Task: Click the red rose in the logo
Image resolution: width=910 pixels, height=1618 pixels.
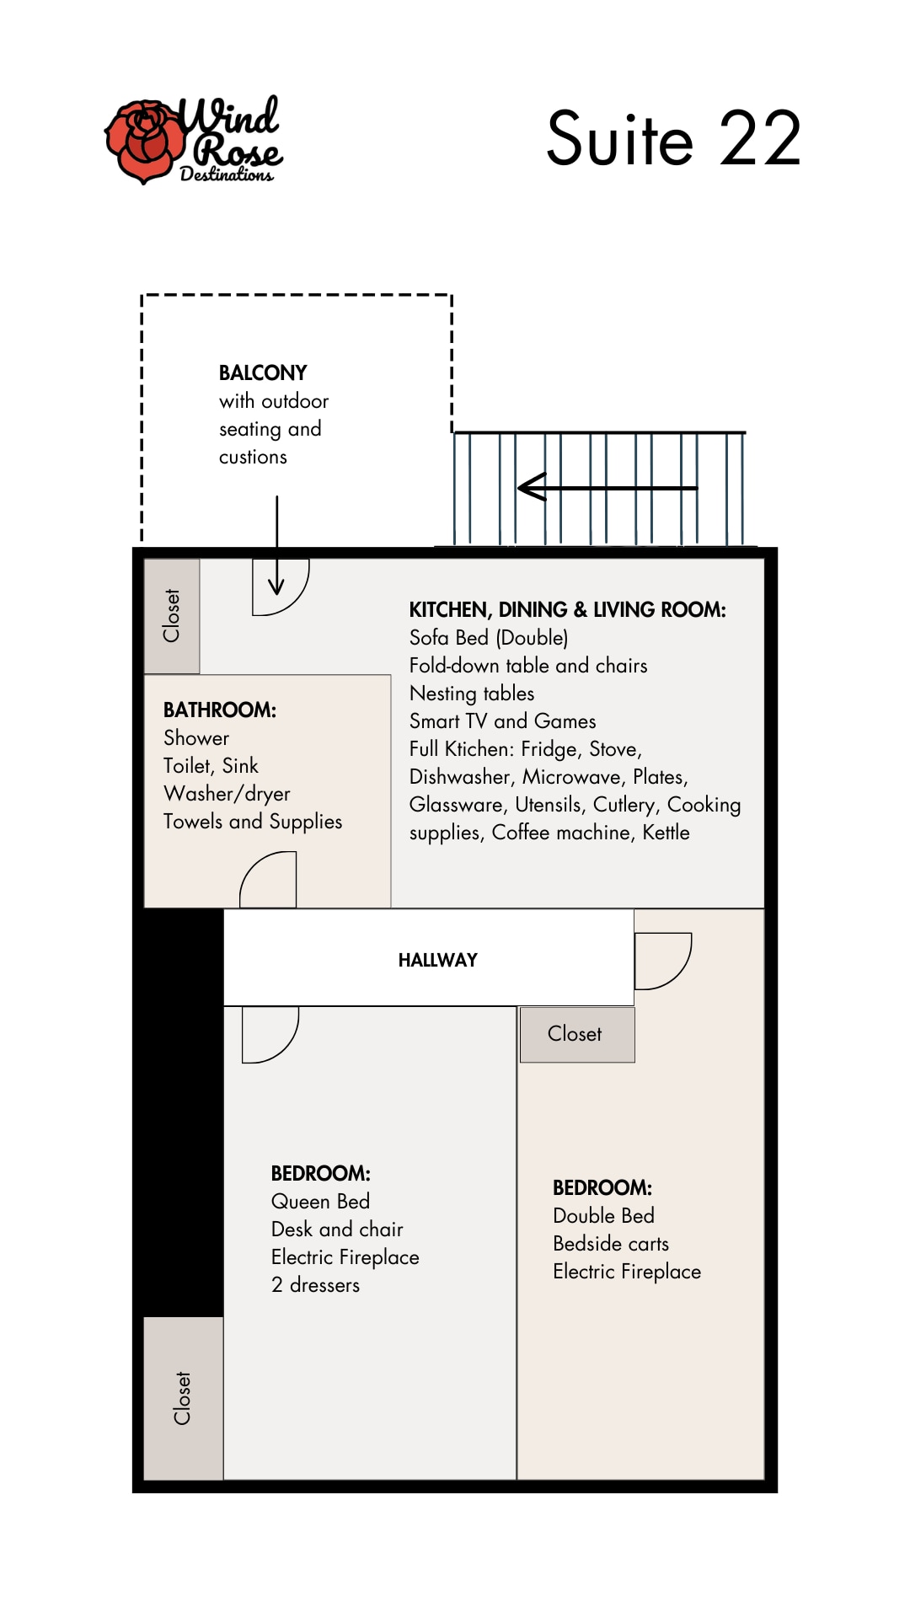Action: pyautogui.click(x=145, y=142)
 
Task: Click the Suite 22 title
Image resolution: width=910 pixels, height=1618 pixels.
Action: pyautogui.click(x=673, y=138)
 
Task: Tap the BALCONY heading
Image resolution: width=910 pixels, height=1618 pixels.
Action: pyautogui.click(x=263, y=372)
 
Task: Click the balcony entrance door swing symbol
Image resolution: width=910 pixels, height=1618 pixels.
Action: pyautogui.click(x=281, y=587)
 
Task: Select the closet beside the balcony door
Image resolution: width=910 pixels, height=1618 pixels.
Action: pyautogui.click(x=172, y=616)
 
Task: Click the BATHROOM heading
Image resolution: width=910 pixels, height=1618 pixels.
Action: pyautogui.click(x=220, y=710)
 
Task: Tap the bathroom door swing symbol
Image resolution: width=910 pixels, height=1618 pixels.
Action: pyautogui.click(x=268, y=879)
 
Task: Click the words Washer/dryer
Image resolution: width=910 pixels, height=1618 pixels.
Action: pyautogui.click(x=227, y=794)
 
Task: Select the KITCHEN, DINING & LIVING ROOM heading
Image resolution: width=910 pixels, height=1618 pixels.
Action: pyautogui.click(x=567, y=609)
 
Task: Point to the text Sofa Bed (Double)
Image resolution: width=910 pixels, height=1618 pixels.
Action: pyautogui.click(x=489, y=638)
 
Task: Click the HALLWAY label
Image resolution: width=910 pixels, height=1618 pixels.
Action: pyautogui.click(x=438, y=960)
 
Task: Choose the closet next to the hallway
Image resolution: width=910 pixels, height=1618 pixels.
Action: pyautogui.click(x=577, y=1034)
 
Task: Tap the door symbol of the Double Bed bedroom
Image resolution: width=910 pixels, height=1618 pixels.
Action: pyautogui.click(x=663, y=961)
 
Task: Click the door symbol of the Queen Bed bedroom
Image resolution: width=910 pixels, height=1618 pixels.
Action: pyautogui.click(x=270, y=1035)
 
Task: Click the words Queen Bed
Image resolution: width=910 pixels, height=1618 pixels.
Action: pyautogui.click(x=320, y=1202)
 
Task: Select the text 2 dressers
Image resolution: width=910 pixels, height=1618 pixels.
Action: pyautogui.click(x=315, y=1285)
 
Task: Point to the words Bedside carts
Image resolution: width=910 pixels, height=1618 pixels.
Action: pyautogui.click(x=611, y=1244)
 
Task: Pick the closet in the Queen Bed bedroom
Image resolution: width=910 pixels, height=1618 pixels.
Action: pyautogui.click(x=184, y=1398)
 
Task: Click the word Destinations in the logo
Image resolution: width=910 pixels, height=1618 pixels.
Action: pyautogui.click(x=227, y=174)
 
